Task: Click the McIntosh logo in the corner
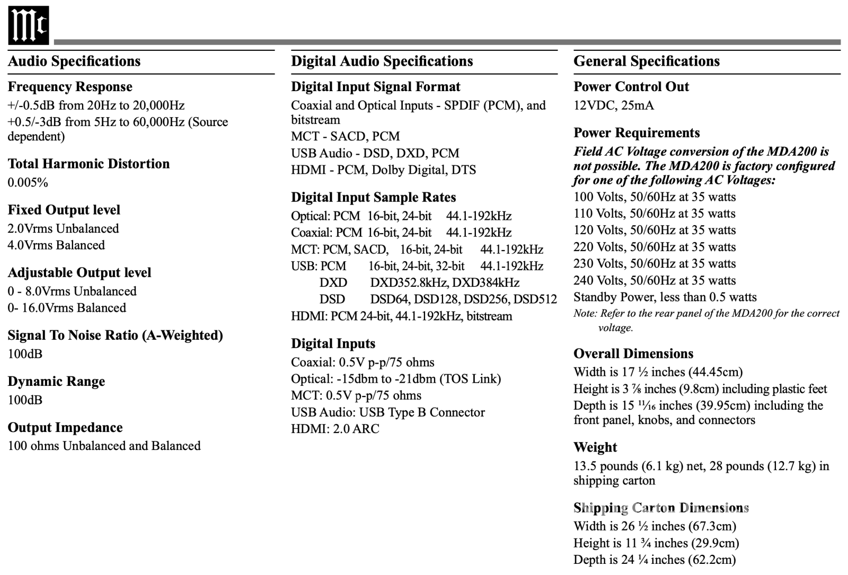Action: point(28,25)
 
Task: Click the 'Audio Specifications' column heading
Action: point(74,61)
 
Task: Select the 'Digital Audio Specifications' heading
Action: point(382,61)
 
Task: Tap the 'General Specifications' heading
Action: point(646,61)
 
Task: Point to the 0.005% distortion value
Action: point(28,183)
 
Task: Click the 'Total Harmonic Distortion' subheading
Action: point(89,164)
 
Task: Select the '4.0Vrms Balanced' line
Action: point(56,245)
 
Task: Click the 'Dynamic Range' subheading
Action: point(56,382)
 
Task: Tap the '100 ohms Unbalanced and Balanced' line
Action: point(104,446)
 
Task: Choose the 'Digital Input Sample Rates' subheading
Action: point(373,198)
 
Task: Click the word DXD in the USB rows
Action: point(333,283)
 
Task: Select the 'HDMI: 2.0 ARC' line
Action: point(335,429)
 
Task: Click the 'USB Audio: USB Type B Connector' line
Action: point(387,412)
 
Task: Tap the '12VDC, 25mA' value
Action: point(613,105)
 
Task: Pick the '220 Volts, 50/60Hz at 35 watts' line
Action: point(654,247)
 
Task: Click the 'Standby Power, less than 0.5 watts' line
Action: point(665,297)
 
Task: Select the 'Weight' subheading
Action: point(595,448)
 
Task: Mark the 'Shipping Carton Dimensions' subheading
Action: point(660,508)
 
